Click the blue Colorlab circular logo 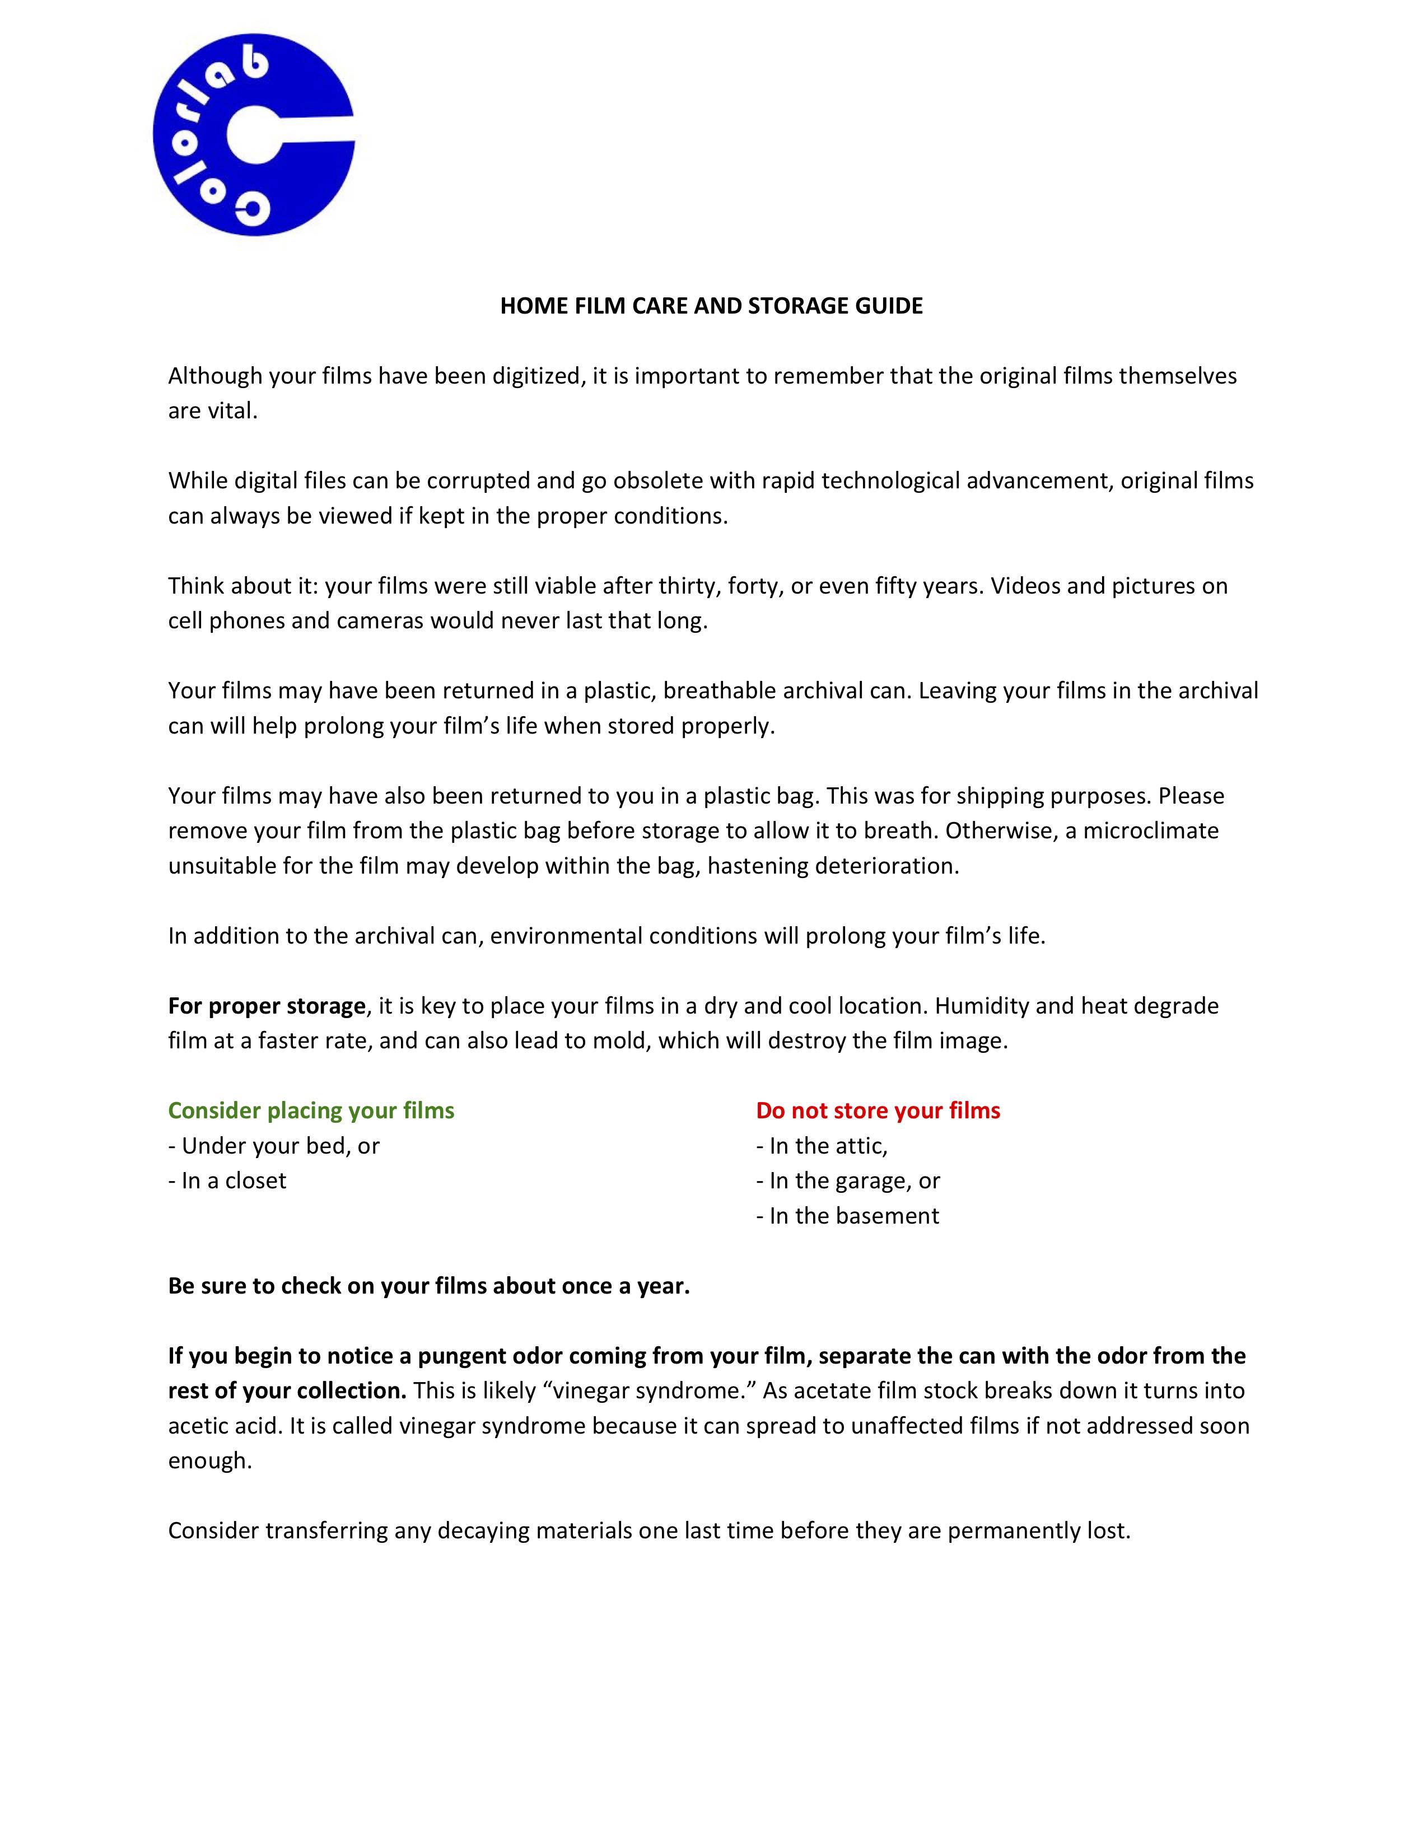click(253, 136)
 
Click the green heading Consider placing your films click(311, 1111)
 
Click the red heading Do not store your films click(878, 1111)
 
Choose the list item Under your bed click(274, 1146)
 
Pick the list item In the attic click(822, 1146)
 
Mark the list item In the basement click(848, 1217)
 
